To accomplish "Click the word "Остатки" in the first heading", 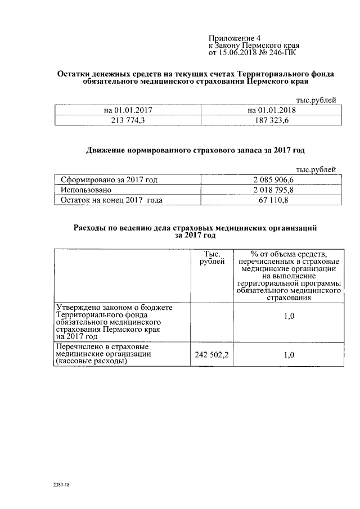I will click(x=77, y=74).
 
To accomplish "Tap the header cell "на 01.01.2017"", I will click(x=128, y=110).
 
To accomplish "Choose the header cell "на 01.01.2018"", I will click(x=272, y=110).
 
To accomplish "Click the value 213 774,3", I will click(x=128, y=120).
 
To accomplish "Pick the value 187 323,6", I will click(x=272, y=120).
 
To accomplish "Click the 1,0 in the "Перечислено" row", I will click(x=289, y=354).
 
